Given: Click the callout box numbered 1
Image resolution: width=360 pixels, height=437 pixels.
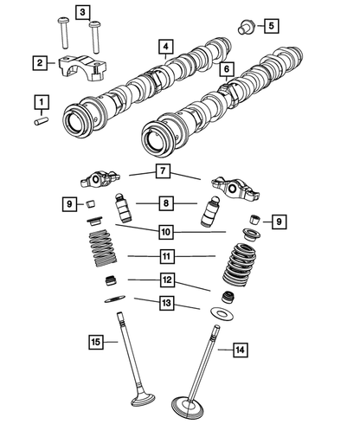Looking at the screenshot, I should pyautogui.click(x=40, y=104).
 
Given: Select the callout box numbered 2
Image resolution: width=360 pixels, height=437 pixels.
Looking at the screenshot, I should pyautogui.click(x=40, y=62).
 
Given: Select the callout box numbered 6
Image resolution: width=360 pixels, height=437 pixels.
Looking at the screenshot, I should pyautogui.click(x=226, y=68).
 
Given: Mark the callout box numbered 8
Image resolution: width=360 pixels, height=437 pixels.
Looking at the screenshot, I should pyautogui.click(x=164, y=203).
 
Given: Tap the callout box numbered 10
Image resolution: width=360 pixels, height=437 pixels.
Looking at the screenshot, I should pyautogui.click(x=164, y=231).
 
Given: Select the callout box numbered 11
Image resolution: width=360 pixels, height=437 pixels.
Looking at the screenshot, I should pyautogui.click(x=164, y=256).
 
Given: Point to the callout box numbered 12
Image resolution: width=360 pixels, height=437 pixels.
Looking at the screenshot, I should pyautogui.click(x=164, y=280).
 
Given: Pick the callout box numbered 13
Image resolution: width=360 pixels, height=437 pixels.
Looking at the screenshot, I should pyautogui.click(x=164, y=303).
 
